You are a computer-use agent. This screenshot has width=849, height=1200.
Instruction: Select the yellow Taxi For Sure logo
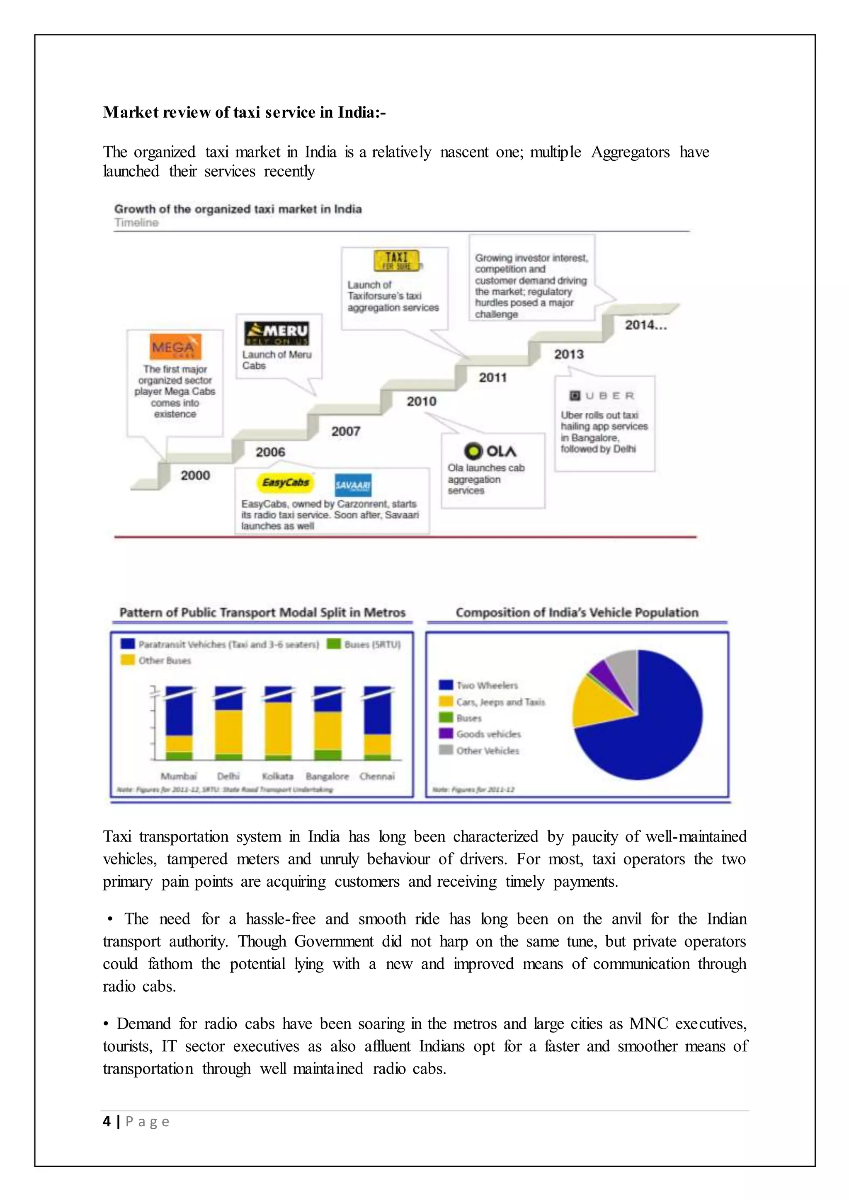pyautogui.click(x=396, y=261)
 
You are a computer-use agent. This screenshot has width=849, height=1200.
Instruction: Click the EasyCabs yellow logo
pyautogui.click(x=286, y=482)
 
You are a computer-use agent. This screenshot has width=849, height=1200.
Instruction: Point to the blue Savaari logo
pyautogui.click(x=353, y=486)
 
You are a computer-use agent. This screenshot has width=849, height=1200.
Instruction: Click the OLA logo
pyautogui.click(x=490, y=451)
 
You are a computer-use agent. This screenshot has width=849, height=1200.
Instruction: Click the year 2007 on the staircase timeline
pyautogui.click(x=346, y=431)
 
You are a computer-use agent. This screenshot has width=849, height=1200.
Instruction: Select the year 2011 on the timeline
pyautogui.click(x=492, y=377)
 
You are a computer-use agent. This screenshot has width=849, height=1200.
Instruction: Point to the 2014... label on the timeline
pyautogui.click(x=645, y=325)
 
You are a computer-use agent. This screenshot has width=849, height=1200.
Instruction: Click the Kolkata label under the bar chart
pyautogui.click(x=278, y=776)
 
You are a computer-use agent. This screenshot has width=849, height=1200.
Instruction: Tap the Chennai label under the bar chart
pyautogui.click(x=377, y=776)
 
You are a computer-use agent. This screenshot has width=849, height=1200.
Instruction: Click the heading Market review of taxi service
pyautogui.click(x=244, y=112)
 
